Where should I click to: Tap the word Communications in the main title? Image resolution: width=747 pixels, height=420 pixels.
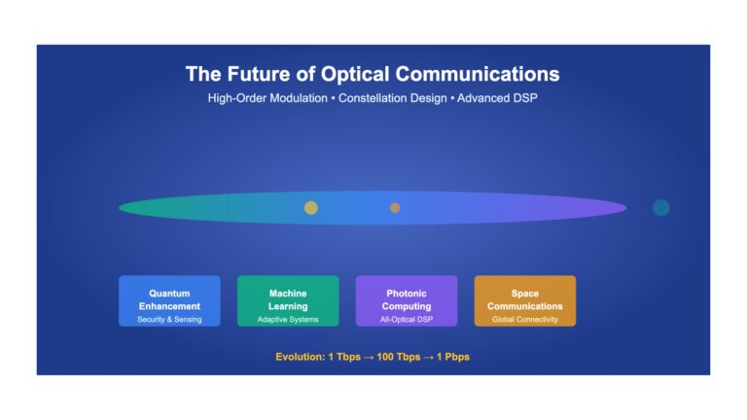point(478,74)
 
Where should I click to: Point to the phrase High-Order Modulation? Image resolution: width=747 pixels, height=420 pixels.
point(267,98)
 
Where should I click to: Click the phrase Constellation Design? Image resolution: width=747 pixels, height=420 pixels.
point(393,98)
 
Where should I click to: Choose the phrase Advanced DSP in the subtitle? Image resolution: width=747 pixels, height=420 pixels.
point(497,98)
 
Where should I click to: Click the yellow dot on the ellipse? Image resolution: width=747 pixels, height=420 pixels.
point(311,208)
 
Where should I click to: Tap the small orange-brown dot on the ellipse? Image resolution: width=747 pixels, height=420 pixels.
point(395,208)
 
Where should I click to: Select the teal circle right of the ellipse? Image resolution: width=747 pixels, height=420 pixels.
point(660,208)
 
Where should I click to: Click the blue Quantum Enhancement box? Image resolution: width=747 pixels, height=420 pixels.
point(169,301)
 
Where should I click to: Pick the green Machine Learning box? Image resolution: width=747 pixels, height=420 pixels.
point(288,301)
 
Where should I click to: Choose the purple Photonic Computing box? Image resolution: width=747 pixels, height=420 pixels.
point(407,301)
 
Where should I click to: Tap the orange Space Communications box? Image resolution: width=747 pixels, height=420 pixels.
point(525,301)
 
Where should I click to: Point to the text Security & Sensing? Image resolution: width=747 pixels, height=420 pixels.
point(169,320)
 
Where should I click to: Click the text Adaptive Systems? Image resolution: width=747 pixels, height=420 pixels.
point(288,320)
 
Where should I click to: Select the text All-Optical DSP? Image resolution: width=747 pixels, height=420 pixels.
point(407,320)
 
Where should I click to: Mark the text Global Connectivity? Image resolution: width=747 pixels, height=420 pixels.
point(525,320)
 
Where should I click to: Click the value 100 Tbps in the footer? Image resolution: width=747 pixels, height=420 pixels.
point(398,357)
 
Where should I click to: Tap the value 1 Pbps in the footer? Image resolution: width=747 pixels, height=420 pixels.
point(453,357)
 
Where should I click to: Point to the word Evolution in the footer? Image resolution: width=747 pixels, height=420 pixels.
point(299,357)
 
